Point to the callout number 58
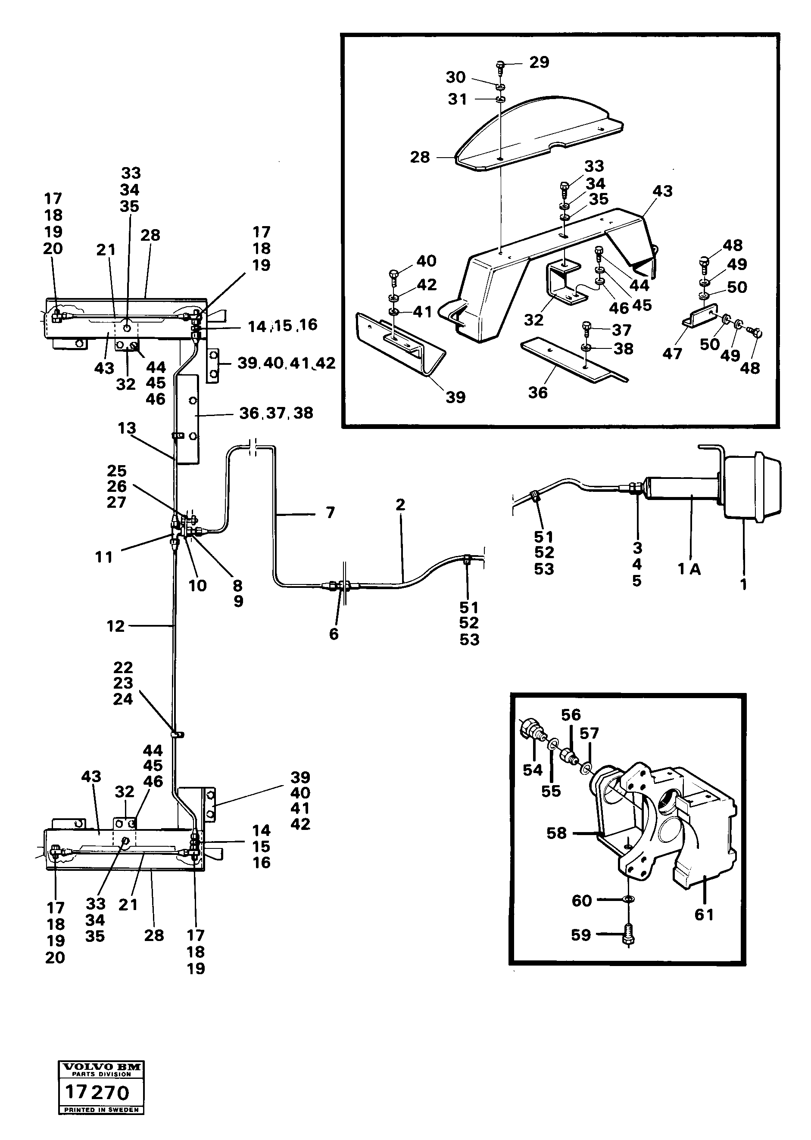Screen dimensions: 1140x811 tap(557, 833)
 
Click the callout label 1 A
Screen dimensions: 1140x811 tap(689, 568)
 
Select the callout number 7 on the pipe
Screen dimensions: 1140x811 tap(330, 513)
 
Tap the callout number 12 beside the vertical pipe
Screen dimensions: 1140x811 tap(115, 626)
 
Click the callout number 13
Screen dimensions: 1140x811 tap(127, 428)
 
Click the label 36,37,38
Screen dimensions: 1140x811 tap(276, 413)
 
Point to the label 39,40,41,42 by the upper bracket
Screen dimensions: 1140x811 tap(286, 363)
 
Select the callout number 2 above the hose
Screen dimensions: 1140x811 tap(400, 505)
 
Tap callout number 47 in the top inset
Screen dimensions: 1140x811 tap(672, 354)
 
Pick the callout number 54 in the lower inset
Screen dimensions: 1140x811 tap(532, 770)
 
